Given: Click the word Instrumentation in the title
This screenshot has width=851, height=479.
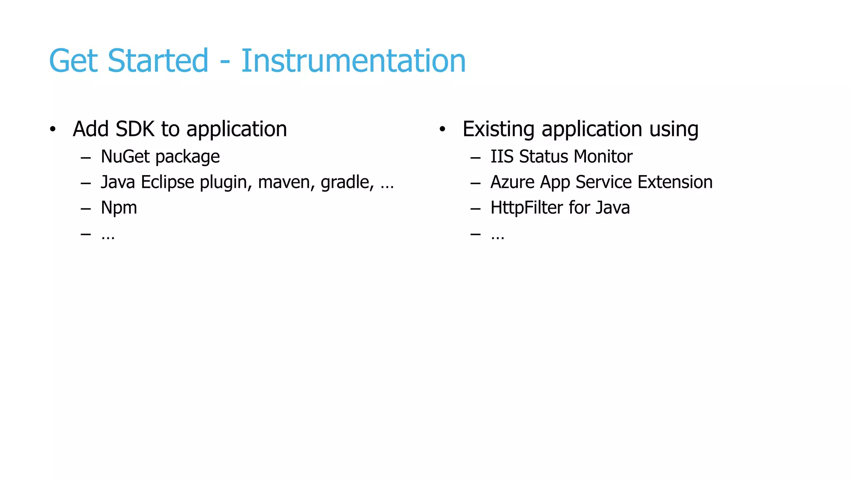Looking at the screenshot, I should click(x=353, y=61).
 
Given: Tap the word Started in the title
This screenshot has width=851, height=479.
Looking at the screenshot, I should click(x=158, y=61).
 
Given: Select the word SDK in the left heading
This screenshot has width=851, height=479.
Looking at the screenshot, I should click(x=135, y=129).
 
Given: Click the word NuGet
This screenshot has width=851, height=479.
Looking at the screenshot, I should click(x=125, y=157).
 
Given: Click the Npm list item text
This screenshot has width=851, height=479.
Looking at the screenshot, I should click(x=119, y=208).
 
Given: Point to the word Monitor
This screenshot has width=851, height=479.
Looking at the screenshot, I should click(x=603, y=157).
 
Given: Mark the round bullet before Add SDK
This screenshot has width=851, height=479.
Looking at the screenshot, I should click(x=52, y=129).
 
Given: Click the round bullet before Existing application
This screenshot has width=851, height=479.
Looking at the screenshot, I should click(x=442, y=129).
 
